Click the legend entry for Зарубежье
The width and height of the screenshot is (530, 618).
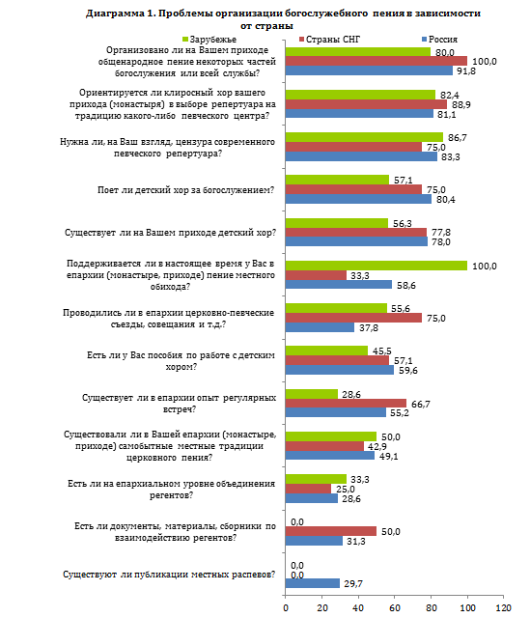point(209,40)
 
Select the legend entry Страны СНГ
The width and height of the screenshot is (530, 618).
point(329,40)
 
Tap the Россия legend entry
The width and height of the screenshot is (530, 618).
point(440,40)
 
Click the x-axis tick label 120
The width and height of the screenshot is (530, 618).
point(503,607)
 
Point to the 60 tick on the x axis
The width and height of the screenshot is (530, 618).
point(395,607)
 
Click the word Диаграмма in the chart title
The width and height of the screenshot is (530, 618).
point(115,14)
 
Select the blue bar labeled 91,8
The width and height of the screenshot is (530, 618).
point(369,70)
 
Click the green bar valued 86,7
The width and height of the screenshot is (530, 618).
point(364,137)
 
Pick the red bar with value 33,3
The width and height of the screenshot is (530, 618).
point(316,275)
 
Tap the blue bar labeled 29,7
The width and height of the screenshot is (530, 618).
point(313,583)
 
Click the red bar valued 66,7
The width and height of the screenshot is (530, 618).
point(346,404)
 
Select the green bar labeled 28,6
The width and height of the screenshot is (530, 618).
point(311,394)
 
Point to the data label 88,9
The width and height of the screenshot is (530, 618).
point(461,105)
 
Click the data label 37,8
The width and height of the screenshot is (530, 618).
point(369,328)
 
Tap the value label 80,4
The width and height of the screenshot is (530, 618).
point(446,200)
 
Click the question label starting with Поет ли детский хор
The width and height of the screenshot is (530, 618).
point(185,190)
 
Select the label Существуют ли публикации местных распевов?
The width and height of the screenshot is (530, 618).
point(169,575)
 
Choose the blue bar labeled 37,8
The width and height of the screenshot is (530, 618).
point(320,327)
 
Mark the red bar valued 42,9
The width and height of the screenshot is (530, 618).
point(324,446)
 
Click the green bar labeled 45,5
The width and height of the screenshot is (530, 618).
point(326,351)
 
